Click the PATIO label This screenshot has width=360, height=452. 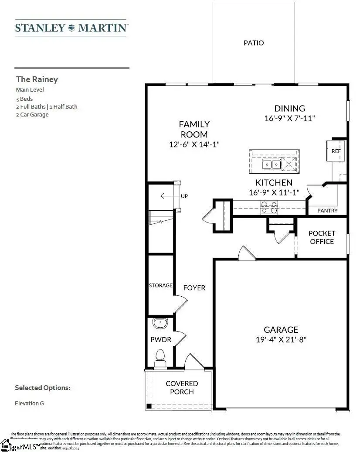coord(253,43)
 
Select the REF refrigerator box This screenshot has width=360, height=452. coord(336,151)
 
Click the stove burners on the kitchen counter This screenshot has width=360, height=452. coord(269,207)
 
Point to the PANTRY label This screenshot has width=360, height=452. coord(327,211)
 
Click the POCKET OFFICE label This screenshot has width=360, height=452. coord(322,237)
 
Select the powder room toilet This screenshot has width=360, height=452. coord(160,356)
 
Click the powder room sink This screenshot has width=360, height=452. coord(160,324)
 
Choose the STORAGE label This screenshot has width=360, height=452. coord(161,285)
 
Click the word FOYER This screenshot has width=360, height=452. coord(194,288)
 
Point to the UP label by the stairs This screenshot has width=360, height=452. coord(184,196)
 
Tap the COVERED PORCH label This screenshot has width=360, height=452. coord(182,387)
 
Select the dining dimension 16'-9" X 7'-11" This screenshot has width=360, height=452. coord(289,118)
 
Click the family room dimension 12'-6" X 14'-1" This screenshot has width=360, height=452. coord(194,144)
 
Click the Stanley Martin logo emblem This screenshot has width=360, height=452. coord(71,28)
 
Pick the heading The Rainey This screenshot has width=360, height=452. coord(37,79)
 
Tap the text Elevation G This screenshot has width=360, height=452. coord(29,403)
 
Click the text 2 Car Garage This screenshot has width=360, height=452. coord(32,115)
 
